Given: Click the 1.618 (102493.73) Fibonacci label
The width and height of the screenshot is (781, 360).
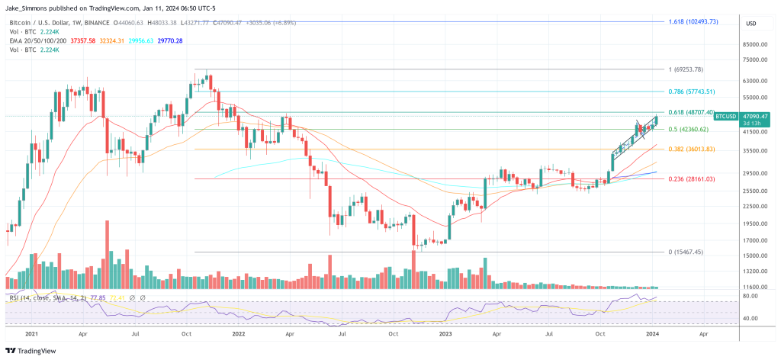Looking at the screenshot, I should click(x=693, y=22).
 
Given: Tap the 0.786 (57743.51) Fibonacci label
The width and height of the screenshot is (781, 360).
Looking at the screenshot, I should click(x=693, y=92).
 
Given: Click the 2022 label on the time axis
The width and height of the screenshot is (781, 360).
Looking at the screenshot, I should click(x=238, y=334).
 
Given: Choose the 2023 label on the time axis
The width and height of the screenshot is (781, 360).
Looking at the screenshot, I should click(x=445, y=334).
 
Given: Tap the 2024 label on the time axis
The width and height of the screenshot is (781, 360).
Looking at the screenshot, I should click(x=654, y=334).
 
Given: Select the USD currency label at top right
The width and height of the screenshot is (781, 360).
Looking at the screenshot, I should click(x=750, y=24).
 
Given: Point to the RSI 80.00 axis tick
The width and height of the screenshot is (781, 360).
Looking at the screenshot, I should click(x=750, y=295).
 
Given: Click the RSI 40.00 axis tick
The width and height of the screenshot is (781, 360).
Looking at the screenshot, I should click(x=750, y=318).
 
